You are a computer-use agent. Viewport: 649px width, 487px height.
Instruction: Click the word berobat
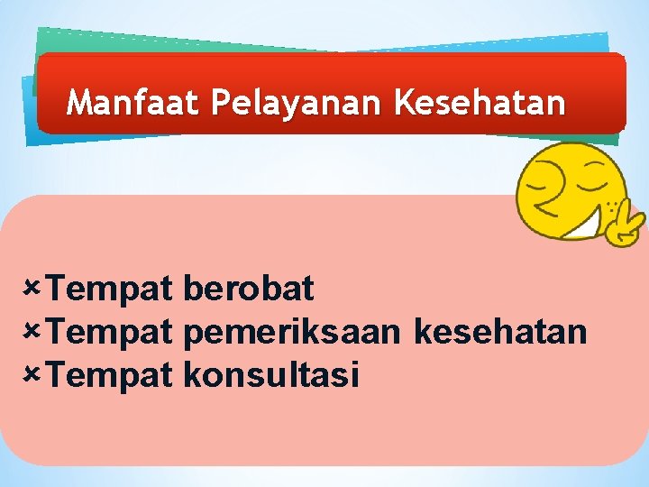(248, 289)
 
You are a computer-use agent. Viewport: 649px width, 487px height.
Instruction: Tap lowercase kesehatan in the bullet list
(501, 332)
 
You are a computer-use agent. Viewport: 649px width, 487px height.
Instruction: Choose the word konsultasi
(270, 373)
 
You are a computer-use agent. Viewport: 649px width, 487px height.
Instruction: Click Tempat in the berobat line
(110, 289)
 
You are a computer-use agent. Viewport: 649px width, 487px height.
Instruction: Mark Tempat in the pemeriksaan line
(110, 332)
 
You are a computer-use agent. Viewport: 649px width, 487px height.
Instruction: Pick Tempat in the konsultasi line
(110, 373)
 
